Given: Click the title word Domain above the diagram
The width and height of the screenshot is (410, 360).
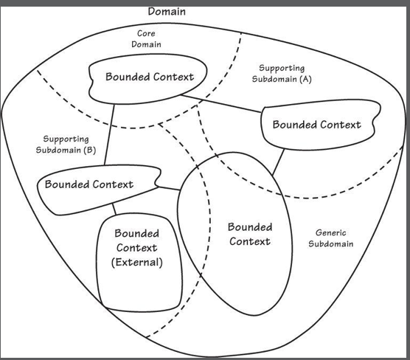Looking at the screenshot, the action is [167, 12].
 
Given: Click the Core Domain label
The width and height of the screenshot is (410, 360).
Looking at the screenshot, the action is [146, 38].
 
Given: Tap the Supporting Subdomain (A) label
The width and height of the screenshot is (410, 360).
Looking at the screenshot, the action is [282, 74].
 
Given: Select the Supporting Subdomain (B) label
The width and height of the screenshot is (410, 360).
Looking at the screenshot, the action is [66, 144].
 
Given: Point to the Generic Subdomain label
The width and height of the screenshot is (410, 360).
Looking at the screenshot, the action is [331, 238].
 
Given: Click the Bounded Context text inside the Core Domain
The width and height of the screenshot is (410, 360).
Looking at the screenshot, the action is [150, 77].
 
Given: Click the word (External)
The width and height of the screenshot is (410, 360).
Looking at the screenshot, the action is [136, 263].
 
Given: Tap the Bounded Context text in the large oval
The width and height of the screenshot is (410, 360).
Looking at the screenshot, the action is [250, 234].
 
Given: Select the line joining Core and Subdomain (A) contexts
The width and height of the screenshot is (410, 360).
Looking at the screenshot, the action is [221, 104].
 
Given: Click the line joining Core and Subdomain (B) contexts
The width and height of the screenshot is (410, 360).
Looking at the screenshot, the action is [109, 135].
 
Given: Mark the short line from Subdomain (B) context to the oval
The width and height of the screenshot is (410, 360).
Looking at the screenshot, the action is [169, 188].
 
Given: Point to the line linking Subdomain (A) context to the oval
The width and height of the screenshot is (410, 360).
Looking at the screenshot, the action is [278, 162].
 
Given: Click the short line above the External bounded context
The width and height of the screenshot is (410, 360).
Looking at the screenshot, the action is [114, 209].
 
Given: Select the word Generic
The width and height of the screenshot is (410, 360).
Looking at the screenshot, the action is [331, 232].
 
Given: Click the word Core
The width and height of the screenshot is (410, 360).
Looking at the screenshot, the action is [146, 33].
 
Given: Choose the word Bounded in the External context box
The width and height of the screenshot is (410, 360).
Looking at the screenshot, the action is [136, 233].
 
